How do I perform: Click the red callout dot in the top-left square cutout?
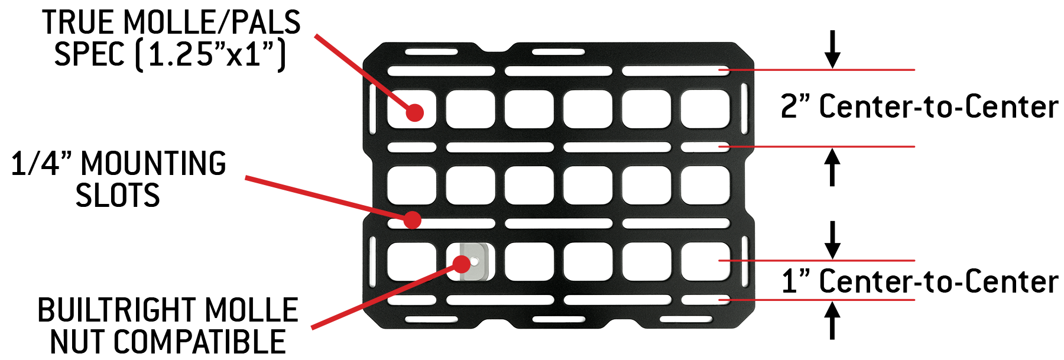[415, 112]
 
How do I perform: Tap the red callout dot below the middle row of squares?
[412, 220]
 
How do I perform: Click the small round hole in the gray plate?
[476, 260]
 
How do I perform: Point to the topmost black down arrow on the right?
[833, 51]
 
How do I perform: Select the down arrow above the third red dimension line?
[833, 240]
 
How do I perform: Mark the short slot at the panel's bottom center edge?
[558, 319]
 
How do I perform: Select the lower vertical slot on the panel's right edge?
[744, 261]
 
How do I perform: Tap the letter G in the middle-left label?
[216, 163]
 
